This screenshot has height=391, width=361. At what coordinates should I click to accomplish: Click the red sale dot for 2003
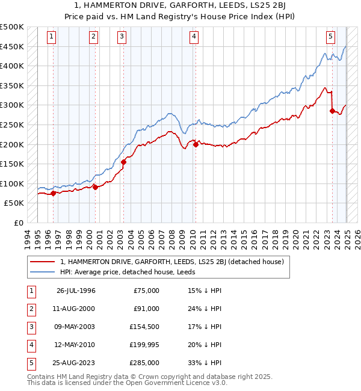coord(123,162)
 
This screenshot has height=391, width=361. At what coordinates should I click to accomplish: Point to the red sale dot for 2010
coord(196,144)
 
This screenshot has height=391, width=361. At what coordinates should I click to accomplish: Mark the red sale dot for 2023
coord(332,111)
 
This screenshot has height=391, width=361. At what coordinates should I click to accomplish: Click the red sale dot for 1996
coord(53,193)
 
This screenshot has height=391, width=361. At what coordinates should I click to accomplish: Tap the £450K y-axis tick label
coord(12,46)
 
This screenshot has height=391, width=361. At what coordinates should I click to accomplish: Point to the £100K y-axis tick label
coord(12,183)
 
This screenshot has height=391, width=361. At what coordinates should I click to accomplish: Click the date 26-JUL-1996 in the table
coord(76,291)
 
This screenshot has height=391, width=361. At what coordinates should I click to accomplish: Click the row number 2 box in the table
coord(29,309)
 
